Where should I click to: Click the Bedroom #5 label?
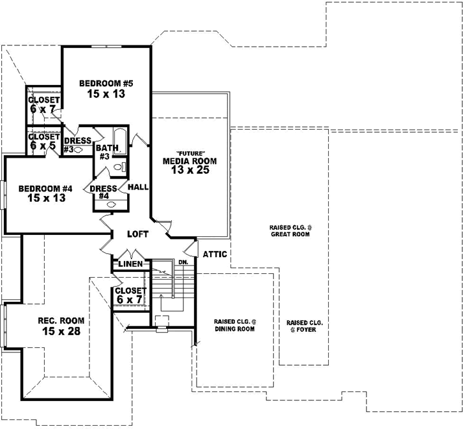point(106,83)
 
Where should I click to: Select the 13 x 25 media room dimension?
point(190,171)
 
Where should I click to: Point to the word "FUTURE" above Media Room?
point(190,153)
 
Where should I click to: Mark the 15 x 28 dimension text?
point(58,331)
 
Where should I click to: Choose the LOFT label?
point(137,234)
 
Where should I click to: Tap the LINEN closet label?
point(130,264)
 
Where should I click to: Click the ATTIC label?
point(215,254)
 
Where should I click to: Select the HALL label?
point(139,187)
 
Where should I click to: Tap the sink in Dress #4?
point(110,204)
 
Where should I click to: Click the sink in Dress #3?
point(79,149)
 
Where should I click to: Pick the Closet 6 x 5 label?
point(43,141)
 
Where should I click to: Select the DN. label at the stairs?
point(183,262)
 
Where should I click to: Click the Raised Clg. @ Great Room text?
point(289,230)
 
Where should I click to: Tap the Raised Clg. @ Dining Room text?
point(234,326)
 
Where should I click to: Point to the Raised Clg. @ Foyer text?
point(304,326)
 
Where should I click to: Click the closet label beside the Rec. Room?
point(131,294)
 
